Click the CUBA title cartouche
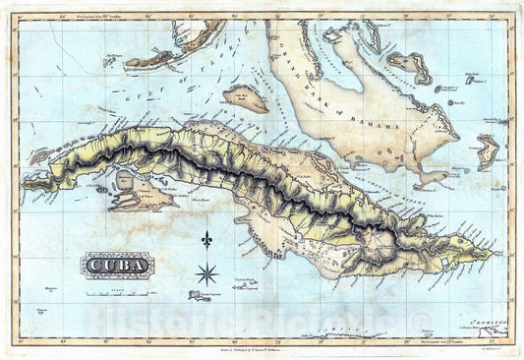click(x=116, y=264)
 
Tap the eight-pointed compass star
click(x=206, y=273)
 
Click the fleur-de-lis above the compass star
click(x=206, y=239)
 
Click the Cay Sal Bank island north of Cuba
click(x=245, y=98)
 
